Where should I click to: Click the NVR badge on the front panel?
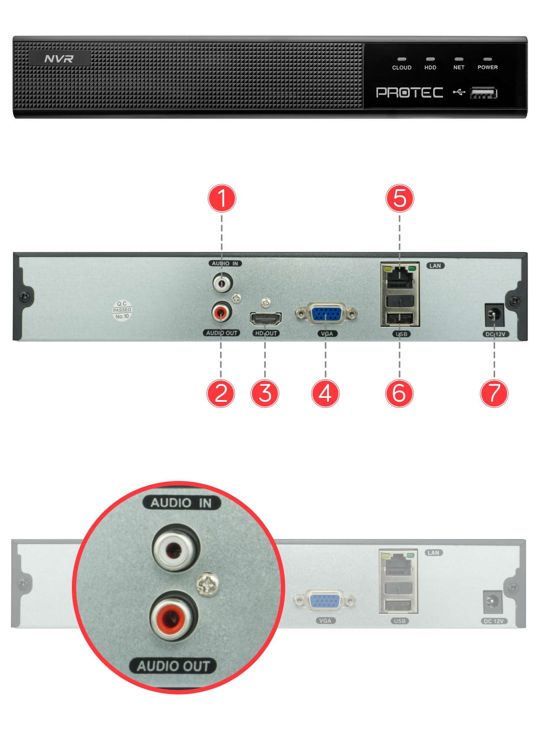(x=59, y=58)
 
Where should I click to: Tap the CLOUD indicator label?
(x=402, y=68)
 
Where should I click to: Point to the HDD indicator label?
(x=430, y=68)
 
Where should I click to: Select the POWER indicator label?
(x=487, y=68)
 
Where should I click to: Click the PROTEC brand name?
(x=409, y=93)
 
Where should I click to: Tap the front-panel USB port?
(x=483, y=93)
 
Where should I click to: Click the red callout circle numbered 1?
(x=222, y=198)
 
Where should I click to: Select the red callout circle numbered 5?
(x=399, y=198)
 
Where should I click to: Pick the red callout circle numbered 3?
(x=265, y=393)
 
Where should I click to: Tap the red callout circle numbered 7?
(x=494, y=393)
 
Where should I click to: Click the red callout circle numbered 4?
(x=325, y=393)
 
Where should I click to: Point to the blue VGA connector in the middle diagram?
(x=326, y=314)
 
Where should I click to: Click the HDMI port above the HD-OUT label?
(x=265, y=319)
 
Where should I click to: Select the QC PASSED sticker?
(x=122, y=310)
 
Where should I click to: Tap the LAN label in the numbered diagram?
(x=435, y=266)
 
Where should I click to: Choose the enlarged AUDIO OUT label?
(x=173, y=666)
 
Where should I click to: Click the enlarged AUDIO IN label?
(x=181, y=503)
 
